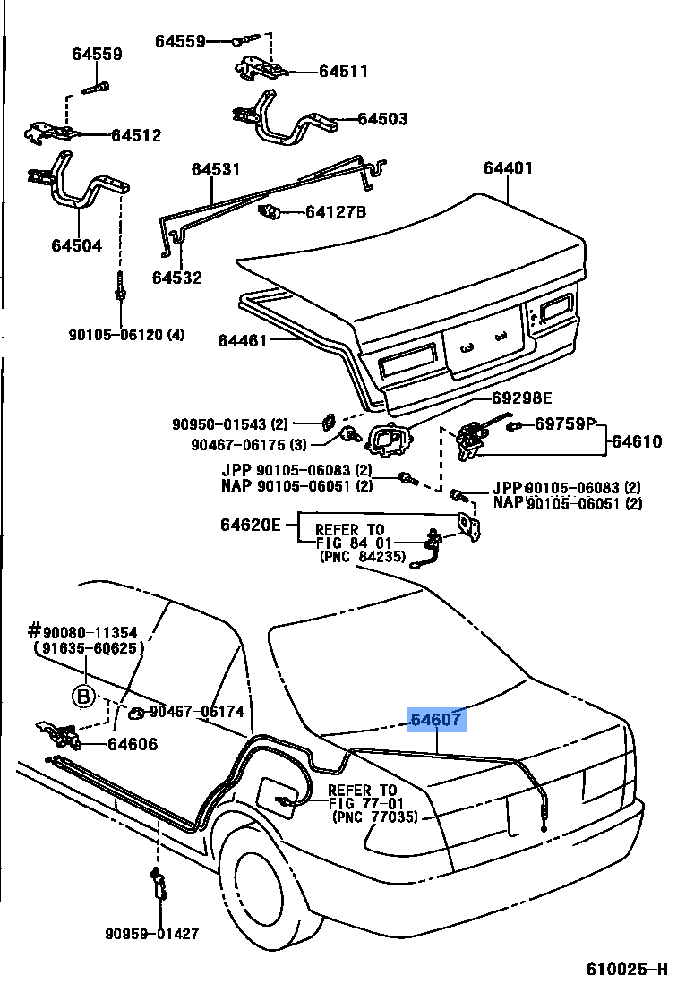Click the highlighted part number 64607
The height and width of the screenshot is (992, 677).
pos(438,719)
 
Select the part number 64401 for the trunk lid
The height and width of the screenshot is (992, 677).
pos(508,167)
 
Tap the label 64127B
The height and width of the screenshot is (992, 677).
pos(336,212)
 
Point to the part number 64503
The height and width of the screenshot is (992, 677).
pos(382,118)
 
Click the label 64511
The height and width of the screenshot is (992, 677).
pos(343,72)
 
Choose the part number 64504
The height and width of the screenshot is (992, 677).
pos(77,246)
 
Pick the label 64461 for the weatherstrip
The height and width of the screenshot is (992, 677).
pos(243,339)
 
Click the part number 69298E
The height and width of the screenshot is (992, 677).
pos(522,398)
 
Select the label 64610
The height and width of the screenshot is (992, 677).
pos(636,440)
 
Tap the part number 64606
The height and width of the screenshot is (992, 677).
pos(132,743)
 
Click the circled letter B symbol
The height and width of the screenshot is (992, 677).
pos(84,696)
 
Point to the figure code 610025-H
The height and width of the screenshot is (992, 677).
pos(627,971)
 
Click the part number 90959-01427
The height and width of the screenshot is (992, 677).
pos(158,934)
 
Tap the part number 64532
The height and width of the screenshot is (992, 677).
pos(176,278)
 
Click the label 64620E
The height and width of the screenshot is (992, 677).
pos(251,525)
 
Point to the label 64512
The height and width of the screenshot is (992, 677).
pos(136,135)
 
